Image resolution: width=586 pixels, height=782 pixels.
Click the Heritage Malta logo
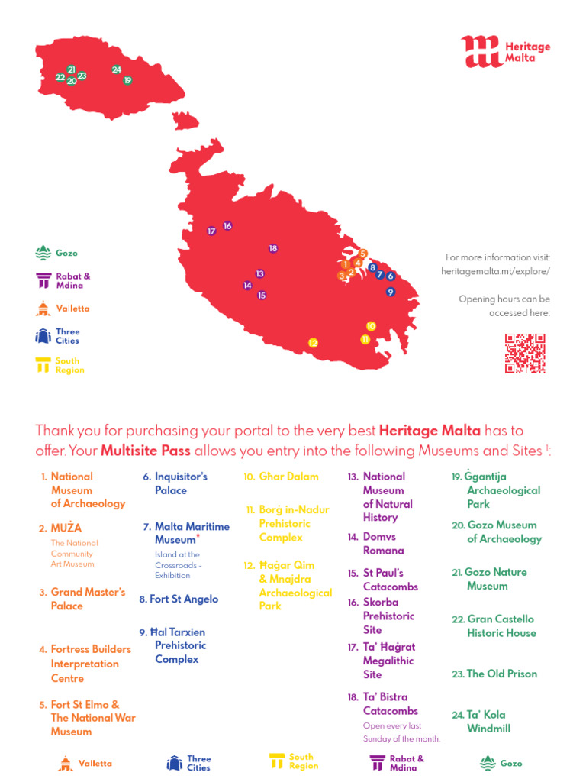504,51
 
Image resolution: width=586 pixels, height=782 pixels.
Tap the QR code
525,353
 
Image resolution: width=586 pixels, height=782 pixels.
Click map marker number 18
273,248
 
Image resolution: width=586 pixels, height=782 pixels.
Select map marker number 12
313,343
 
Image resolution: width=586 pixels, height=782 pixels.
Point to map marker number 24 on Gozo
117,69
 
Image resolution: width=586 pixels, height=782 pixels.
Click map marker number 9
390,292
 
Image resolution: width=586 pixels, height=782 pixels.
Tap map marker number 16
227,226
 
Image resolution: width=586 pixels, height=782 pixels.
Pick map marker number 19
127,80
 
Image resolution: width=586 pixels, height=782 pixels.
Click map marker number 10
371,325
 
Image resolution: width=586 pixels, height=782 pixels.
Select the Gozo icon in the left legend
43,253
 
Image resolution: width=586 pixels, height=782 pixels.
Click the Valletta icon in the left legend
43,309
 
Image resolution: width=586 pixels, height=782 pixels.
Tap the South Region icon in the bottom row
276,761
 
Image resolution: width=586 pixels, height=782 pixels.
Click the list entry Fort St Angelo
179,599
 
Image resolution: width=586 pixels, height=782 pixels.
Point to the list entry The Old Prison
494,674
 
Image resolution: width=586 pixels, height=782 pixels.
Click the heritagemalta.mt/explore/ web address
495,271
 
